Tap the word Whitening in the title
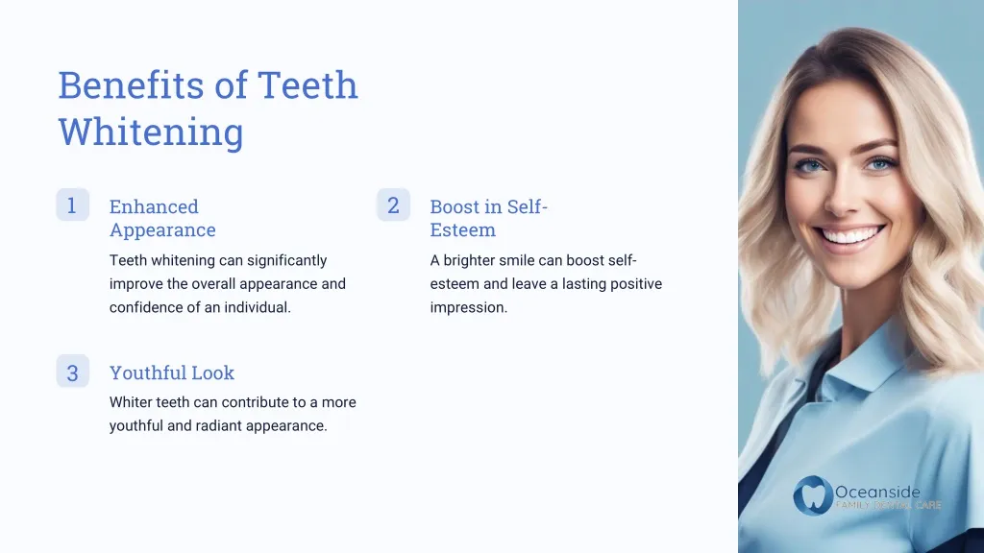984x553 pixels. click(x=150, y=132)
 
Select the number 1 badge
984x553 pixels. click(x=72, y=204)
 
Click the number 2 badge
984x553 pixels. click(x=393, y=204)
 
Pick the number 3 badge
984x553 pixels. click(x=72, y=372)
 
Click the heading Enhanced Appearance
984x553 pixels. click(x=161, y=218)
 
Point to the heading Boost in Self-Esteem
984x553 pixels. click(x=488, y=218)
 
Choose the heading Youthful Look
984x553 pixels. click(x=171, y=373)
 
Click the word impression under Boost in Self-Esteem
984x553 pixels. click(x=468, y=308)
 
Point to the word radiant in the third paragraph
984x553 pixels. click(x=225, y=426)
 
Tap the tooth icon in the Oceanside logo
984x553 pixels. click(x=812, y=495)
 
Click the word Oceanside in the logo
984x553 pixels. click(x=877, y=493)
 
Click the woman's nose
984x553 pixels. click(x=849, y=197)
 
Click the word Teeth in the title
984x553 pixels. click(x=307, y=85)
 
